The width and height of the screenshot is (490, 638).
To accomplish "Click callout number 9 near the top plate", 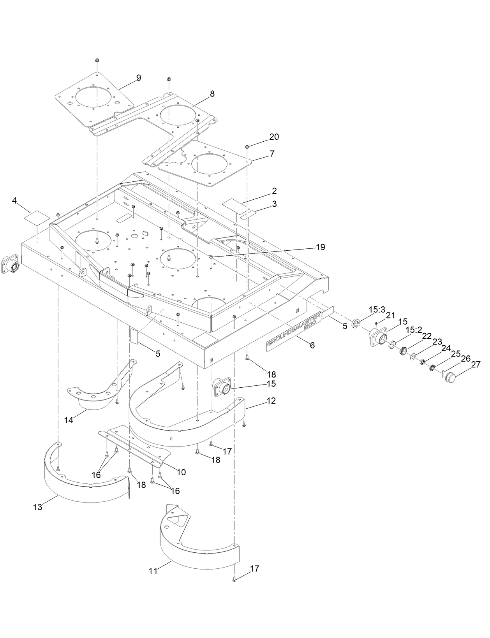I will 138,77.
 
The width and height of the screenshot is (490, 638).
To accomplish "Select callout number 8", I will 212,93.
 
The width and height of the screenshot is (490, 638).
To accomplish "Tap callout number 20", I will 274,137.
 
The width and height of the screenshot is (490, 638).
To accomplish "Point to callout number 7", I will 272,153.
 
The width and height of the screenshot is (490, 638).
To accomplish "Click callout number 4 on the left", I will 14,201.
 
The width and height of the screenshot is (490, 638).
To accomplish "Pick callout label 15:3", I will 377,309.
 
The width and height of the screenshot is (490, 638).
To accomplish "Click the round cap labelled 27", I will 453,377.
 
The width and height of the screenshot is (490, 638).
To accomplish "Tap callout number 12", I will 271,400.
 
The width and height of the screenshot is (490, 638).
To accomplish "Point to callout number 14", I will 69,420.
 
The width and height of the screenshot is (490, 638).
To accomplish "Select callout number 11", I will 153,571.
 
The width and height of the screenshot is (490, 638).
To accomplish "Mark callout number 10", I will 181,472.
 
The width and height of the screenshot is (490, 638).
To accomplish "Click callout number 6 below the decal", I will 312,345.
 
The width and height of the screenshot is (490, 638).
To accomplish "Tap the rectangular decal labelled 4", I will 37,217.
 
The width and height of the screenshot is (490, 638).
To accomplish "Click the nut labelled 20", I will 247,147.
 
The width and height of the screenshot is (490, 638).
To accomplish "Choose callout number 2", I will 274,191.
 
